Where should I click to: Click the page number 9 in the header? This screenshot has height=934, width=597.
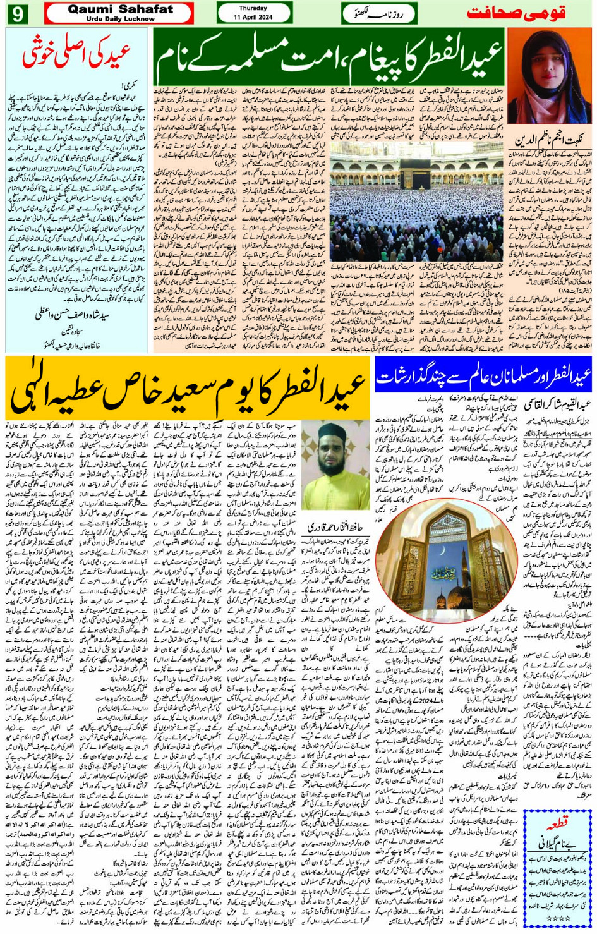click(18, 13)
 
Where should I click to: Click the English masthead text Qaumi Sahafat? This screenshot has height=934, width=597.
click(120, 9)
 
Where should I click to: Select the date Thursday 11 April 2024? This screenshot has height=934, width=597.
click(253, 12)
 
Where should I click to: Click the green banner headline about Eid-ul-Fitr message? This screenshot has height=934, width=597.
click(329, 58)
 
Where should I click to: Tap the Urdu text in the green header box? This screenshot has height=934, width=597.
click(378, 13)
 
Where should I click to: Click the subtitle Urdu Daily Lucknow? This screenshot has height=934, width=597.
click(120, 19)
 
